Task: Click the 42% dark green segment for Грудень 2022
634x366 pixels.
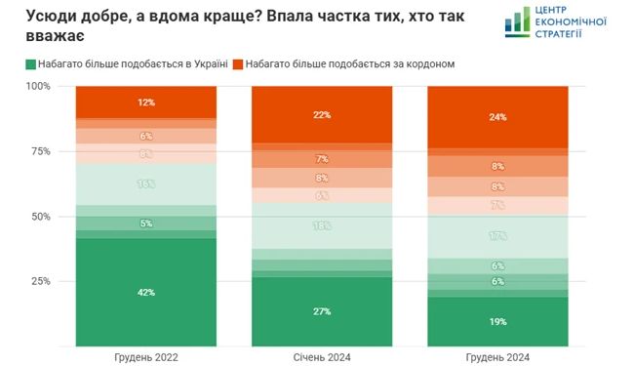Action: (x=146, y=292)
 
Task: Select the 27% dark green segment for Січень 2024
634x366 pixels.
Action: (x=322, y=310)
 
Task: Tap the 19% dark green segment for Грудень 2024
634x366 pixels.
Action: (x=498, y=320)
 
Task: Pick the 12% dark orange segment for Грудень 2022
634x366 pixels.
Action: (x=146, y=102)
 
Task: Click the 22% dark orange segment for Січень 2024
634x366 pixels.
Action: (x=322, y=114)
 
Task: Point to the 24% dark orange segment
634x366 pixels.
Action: (x=498, y=117)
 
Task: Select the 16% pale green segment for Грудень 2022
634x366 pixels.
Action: (x=146, y=183)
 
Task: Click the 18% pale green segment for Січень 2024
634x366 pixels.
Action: (x=322, y=225)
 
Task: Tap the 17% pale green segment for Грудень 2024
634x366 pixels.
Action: (x=498, y=236)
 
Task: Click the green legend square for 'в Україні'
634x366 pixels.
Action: (x=30, y=63)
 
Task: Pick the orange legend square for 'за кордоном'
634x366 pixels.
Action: (x=238, y=63)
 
